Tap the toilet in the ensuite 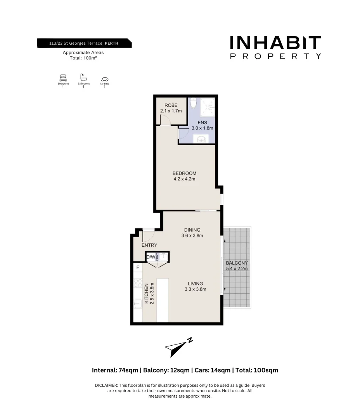pos(194,103)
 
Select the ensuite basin pos(201,139)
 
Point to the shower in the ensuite pos(208,106)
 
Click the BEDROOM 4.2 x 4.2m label pos(184,176)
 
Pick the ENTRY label pos(149,245)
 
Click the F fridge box pos(137,268)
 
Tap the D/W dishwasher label pos(151,257)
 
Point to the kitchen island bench pos(163,300)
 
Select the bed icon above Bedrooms pos(63,78)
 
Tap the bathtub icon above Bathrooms pos(83,77)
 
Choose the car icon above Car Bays pos(104,79)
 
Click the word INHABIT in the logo pos(275,43)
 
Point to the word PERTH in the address pos(112,43)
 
